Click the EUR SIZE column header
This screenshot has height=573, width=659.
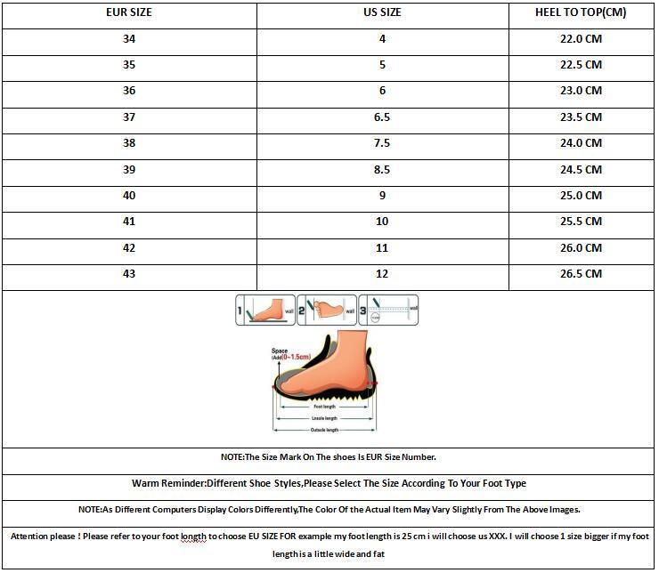(129, 12)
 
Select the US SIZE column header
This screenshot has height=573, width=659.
(383, 12)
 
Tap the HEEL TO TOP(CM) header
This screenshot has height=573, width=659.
(580, 12)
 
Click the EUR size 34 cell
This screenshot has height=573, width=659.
(129, 39)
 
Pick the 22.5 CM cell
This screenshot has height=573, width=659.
(580, 65)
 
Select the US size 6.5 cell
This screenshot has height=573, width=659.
(383, 117)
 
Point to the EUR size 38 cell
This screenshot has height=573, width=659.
(129, 143)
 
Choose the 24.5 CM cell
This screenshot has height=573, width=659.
(580, 169)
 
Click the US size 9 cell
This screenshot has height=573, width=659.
(383, 196)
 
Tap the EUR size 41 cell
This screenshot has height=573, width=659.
(129, 222)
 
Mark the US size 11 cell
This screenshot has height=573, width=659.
(383, 248)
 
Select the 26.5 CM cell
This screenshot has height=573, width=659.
(580, 274)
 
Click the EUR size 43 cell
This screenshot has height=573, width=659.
(129, 274)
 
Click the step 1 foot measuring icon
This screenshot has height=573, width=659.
(265, 310)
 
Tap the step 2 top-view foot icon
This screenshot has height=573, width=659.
(326, 310)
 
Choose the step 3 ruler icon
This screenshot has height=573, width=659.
(388, 310)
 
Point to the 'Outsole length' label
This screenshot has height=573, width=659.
(324, 430)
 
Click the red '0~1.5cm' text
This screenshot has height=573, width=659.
(297, 357)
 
